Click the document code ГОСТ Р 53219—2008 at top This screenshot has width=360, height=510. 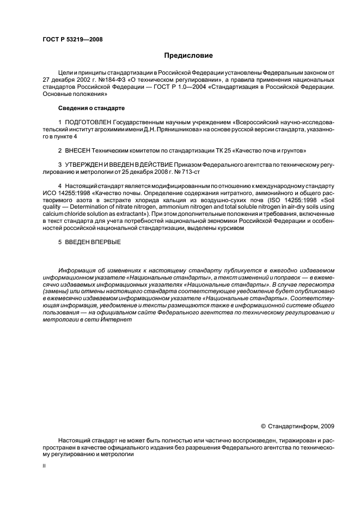pos(72,39)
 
